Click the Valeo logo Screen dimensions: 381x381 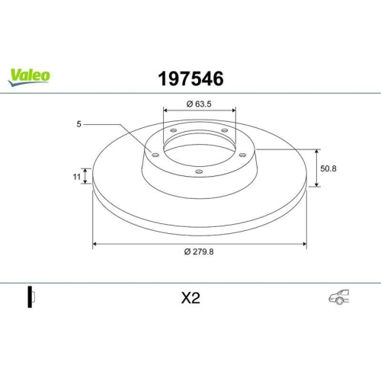tap(30, 75)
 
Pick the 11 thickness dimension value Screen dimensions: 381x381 tap(76, 176)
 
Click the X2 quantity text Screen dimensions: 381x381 tap(190, 299)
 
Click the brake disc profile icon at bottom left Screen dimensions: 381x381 tap(31, 298)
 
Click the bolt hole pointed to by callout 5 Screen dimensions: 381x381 tap(155, 155)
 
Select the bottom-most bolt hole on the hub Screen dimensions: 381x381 tap(199, 171)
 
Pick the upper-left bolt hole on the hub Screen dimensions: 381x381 tap(172, 131)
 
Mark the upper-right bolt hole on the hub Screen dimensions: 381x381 tap(226, 131)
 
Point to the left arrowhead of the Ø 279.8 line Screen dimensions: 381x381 tap(95, 244)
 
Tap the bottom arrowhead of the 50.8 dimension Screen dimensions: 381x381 tap(316, 184)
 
